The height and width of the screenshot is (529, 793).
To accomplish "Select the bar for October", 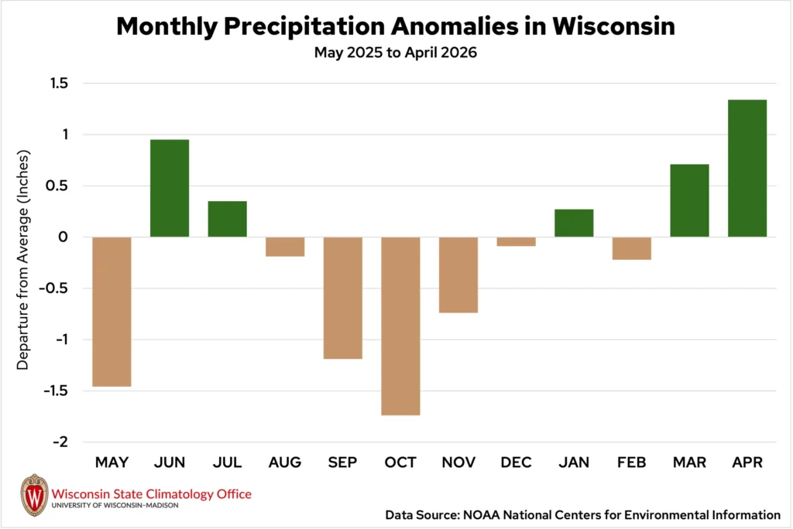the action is pyautogui.click(x=400, y=326).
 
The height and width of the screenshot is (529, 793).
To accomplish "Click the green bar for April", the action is pyautogui.click(x=747, y=169).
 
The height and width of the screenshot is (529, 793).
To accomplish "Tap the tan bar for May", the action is pyautogui.click(x=112, y=312).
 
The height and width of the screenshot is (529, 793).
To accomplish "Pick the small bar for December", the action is pyautogui.click(x=516, y=241).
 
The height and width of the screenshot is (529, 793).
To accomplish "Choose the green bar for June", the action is pyautogui.click(x=170, y=188).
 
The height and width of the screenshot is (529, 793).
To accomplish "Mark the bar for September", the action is pyautogui.click(x=343, y=298).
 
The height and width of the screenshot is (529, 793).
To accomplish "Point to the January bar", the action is pyautogui.click(x=574, y=223).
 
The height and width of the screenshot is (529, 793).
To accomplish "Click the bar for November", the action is pyautogui.click(x=458, y=275).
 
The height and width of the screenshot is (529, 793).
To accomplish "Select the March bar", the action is pyautogui.click(x=689, y=200).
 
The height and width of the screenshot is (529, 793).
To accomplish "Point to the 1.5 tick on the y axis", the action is pyautogui.click(x=59, y=83).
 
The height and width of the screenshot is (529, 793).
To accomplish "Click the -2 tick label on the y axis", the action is pyautogui.click(x=60, y=442).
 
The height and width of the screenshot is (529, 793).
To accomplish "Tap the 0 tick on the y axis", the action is pyautogui.click(x=64, y=237).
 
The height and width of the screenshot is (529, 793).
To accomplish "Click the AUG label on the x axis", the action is pyautogui.click(x=285, y=462).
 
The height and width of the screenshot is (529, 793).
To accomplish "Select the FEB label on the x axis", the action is pyautogui.click(x=632, y=462).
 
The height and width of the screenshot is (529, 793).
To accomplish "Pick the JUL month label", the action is pyautogui.click(x=227, y=462).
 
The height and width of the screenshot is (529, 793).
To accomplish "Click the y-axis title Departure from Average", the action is pyautogui.click(x=22, y=260).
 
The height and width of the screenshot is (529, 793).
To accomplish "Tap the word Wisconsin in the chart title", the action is pyautogui.click(x=613, y=26).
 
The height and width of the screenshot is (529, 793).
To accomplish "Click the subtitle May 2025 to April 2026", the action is pyautogui.click(x=396, y=53).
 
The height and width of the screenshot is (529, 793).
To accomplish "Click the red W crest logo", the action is pyautogui.click(x=34, y=495).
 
